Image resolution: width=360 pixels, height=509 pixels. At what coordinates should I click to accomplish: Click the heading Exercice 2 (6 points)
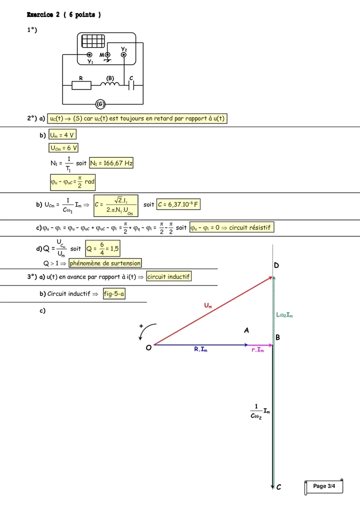(63, 15)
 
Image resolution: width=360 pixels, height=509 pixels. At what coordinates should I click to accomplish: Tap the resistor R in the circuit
(81, 85)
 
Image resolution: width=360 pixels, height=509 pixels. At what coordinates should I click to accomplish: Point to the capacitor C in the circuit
(132, 85)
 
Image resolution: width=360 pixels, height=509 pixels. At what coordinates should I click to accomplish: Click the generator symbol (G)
(100, 104)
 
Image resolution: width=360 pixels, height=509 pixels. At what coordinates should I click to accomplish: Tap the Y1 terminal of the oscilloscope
(89, 55)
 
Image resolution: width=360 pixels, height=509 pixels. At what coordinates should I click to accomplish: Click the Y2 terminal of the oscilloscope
(123, 55)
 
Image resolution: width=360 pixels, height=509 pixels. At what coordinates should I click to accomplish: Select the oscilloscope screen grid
(92, 41)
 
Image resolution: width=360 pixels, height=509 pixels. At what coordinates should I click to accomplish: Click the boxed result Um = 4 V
(62, 135)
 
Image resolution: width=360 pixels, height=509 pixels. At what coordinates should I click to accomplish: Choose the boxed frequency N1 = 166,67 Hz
(111, 163)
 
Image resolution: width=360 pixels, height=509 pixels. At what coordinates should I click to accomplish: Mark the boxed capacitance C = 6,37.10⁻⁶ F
(178, 204)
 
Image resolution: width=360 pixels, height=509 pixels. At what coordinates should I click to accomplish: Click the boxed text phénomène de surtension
(105, 263)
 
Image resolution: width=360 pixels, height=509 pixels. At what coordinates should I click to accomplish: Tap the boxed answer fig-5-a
(114, 294)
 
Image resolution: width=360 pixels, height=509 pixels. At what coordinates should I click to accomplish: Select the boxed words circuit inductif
(169, 276)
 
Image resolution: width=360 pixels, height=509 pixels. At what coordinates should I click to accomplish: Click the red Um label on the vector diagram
(207, 305)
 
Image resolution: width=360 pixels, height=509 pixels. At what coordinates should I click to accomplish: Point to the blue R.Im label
(201, 350)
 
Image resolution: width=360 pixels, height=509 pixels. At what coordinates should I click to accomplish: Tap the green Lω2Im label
(284, 315)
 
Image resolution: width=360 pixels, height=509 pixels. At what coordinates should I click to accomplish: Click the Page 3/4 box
(323, 486)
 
